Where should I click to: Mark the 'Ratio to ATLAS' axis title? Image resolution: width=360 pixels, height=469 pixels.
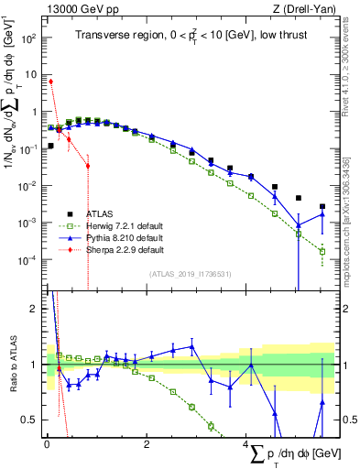pyautogui.click(x=11, y=364)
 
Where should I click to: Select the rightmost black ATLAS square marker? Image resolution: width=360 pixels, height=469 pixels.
pyautogui.click(x=322, y=207)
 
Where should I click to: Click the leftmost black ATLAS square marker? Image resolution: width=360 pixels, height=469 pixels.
pyautogui.click(x=50, y=146)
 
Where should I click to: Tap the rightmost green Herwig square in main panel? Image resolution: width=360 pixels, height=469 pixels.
pyautogui.click(x=322, y=251)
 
